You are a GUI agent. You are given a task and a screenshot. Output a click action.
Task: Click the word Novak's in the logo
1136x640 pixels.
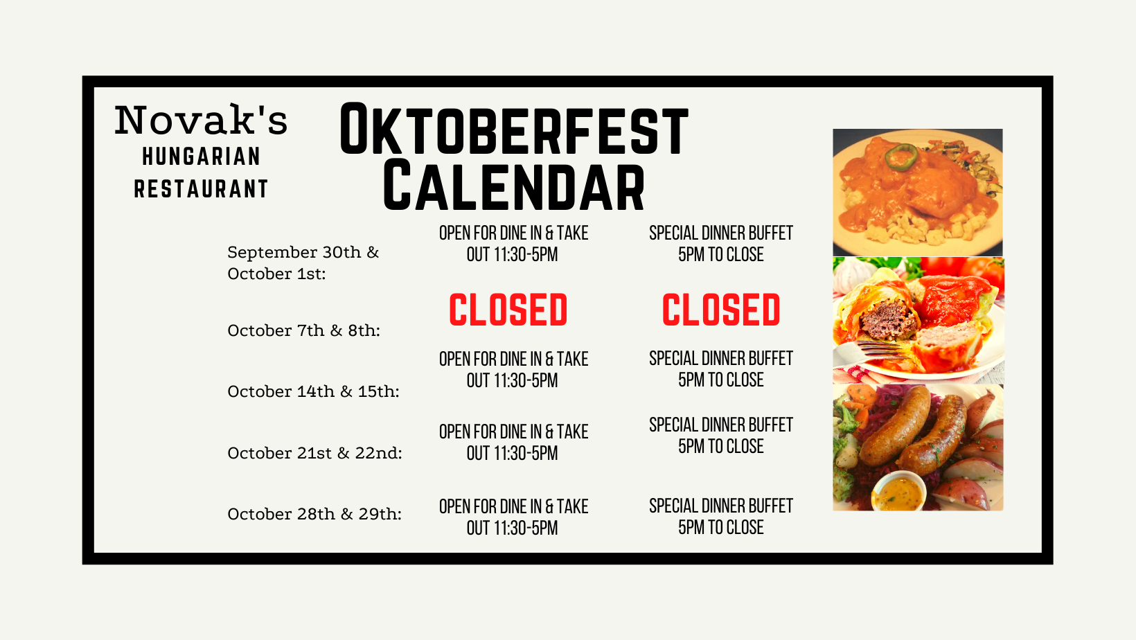pyautogui.click(x=201, y=120)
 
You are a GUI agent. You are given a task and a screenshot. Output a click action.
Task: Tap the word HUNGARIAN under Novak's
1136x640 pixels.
pyautogui.click(x=202, y=157)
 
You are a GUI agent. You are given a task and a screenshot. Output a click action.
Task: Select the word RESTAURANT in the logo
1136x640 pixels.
pyautogui.click(x=201, y=188)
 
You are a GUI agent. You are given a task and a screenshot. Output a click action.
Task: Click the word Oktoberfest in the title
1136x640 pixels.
pyautogui.click(x=514, y=129)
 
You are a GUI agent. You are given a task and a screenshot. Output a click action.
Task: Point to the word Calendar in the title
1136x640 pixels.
pyautogui.click(x=514, y=186)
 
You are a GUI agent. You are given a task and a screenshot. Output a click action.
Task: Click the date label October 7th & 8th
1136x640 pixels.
pyautogui.click(x=304, y=330)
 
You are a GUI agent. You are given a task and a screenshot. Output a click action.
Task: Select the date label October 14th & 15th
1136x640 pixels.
pyautogui.click(x=313, y=391)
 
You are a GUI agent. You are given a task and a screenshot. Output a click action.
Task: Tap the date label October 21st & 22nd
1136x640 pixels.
pyautogui.click(x=315, y=453)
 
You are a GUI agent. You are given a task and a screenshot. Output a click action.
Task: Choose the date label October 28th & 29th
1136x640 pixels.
pyautogui.click(x=314, y=514)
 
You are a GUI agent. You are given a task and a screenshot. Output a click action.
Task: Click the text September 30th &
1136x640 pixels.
pyautogui.click(x=303, y=252)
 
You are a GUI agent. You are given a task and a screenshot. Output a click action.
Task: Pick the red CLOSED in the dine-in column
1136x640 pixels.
pyautogui.click(x=508, y=310)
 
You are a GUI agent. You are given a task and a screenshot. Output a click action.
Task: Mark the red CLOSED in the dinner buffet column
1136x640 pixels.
pyautogui.click(x=721, y=310)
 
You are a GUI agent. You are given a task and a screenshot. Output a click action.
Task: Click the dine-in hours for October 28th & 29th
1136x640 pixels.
pyautogui.click(x=513, y=517)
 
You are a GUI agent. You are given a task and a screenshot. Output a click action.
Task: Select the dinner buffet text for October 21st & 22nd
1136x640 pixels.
pyautogui.click(x=720, y=436)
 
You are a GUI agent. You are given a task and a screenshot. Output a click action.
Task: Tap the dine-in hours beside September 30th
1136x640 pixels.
pyautogui.click(x=513, y=244)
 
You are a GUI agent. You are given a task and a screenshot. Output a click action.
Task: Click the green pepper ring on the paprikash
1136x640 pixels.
pyautogui.click(x=901, y=157)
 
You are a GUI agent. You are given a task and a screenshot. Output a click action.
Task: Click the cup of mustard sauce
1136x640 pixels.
pyautogui.click(x=898, y=491)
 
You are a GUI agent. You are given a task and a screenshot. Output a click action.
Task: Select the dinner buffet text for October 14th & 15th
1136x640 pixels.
pyautogui.click(x=720, y=369)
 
